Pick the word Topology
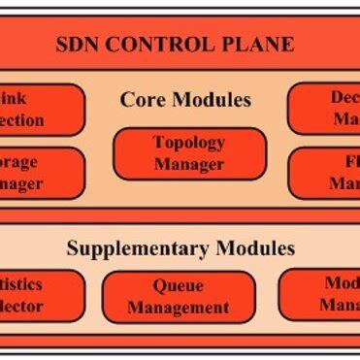[189, 143]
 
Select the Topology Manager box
[189, 152]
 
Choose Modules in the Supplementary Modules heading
[249, 248]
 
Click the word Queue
[179, 287]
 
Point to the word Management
[179, 308]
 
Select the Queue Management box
[179, 297]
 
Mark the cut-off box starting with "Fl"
[327, 172]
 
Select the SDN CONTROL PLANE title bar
[180, 44]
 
